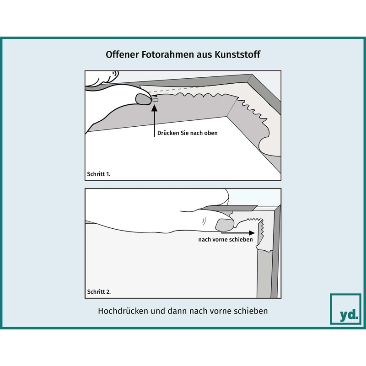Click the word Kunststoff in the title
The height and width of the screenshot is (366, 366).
pyautogui.click(x=237, y=54)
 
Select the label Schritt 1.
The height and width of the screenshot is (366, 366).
pyautogui.click(x=98, y=174)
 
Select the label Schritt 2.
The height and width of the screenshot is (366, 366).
pyautogui.click(x=99, y=292)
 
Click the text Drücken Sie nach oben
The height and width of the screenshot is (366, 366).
pyautogui.click(x=188, y=133)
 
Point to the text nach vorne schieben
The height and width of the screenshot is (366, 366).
pyautogui.click(x=226, y=240)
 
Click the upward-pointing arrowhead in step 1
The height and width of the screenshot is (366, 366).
pyautogui.click(x=154, y=108)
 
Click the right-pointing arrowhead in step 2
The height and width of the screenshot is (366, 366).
pyautogui.click(x=252, y=233)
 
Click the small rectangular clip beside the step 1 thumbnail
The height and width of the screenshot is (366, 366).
pyautogui.click(x=156, y=100)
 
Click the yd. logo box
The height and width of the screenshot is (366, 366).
pyautogui.click(x=345, y=309)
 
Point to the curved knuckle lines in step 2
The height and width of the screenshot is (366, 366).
pyautogui.click(x=204, y=221)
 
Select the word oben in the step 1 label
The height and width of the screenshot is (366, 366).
pyautogui.click(x=211, y=133)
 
